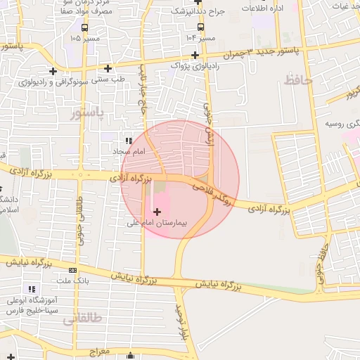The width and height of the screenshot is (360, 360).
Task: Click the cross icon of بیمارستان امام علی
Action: tap(156, 211)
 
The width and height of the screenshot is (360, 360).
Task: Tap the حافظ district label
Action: tap(298, 81)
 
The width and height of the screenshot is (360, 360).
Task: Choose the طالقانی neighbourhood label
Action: tap(82, 320)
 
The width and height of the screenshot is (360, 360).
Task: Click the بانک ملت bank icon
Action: tap(72, 270)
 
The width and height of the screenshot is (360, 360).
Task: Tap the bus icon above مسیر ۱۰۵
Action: tap(84, 27)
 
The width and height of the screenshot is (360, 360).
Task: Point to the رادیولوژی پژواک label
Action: tap(195, 65)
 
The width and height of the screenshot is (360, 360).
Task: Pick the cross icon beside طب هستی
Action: tap(108, 68)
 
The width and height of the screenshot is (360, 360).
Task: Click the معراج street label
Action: tap(100, 349)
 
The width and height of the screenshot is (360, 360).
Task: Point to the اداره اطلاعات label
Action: tap(262, 8)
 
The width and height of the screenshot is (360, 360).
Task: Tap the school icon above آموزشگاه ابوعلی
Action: tap(31, 289)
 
